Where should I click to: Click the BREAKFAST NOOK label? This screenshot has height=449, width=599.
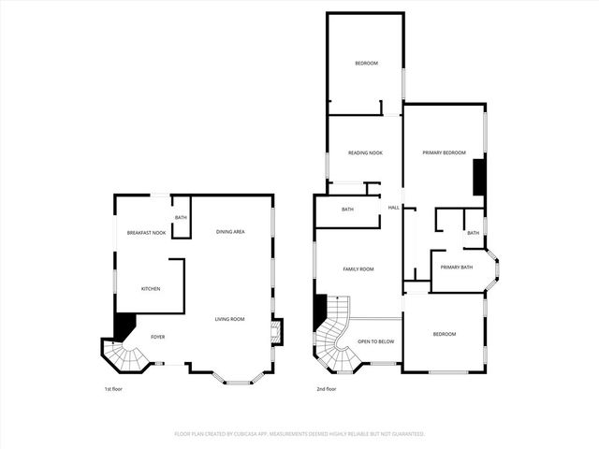(147, 232)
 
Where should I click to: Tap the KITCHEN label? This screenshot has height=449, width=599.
(151, 288)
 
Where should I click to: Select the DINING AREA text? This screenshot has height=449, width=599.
(230, 231)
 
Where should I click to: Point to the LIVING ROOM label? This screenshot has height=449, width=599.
(229, 319)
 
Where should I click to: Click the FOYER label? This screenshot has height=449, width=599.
(158, 336)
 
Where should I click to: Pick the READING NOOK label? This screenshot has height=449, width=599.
(365, 152)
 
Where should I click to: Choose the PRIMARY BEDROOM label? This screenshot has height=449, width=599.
(444, 152)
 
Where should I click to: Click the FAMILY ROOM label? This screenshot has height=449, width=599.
(358, 268)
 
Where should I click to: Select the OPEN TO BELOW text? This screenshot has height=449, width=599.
(376, 340)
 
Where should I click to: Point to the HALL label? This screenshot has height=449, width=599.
(394, 207)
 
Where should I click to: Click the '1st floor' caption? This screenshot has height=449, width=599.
(113, 388)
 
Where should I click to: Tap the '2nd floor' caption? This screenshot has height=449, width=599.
(327, 388)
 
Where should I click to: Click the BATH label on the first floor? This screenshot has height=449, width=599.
(180, 218)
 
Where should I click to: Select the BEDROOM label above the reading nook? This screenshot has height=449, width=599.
(366, 63)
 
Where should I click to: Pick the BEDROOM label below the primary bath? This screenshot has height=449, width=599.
(444, 334)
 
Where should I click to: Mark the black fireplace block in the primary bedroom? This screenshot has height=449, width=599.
(478, 177)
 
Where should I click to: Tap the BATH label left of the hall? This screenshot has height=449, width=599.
(347, 210)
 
